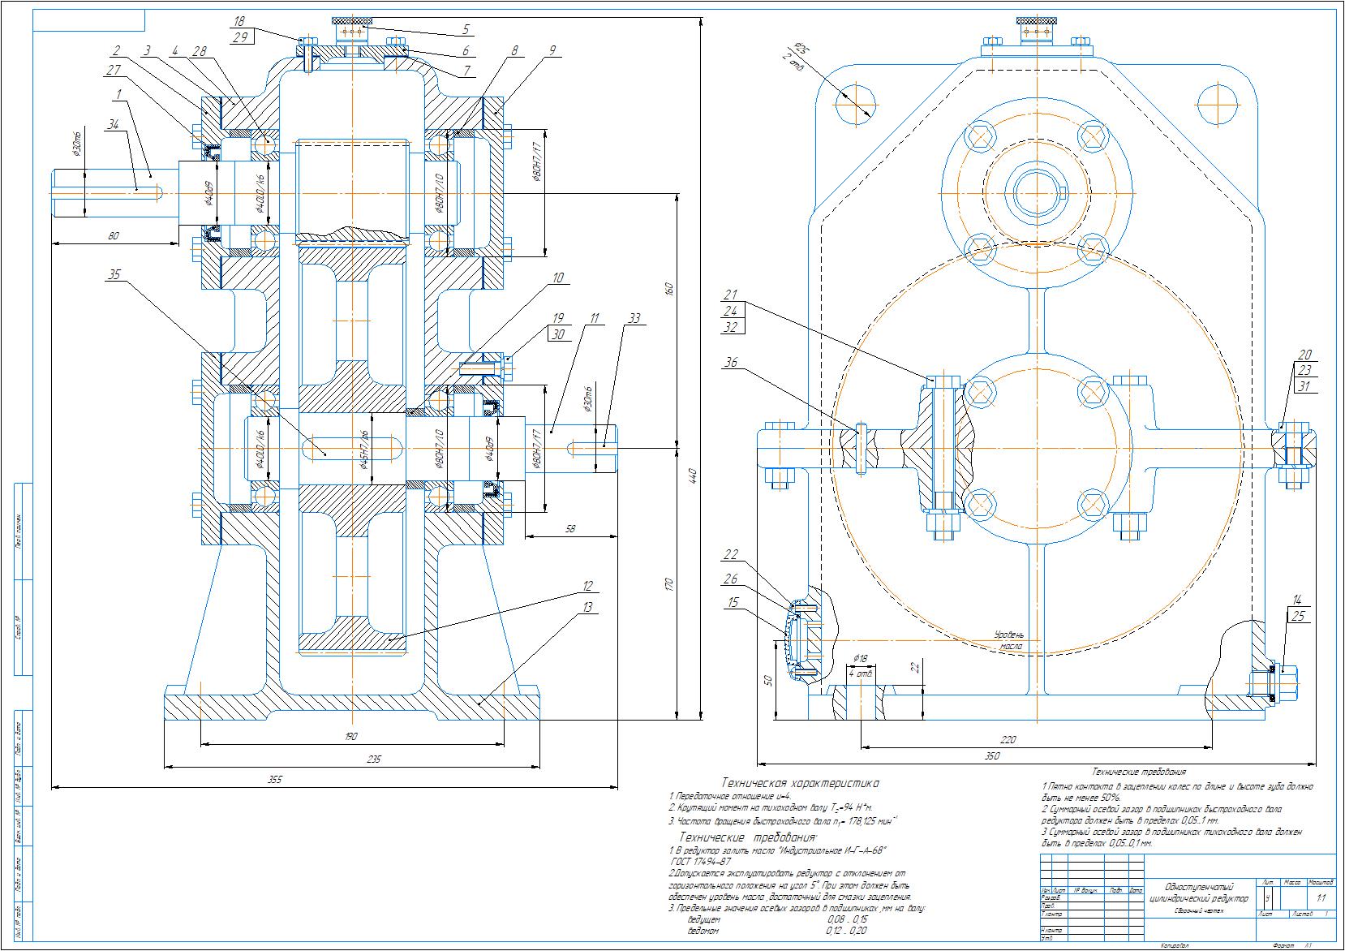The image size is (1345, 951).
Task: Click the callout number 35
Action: click(114, 275)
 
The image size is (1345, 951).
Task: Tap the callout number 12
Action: click(587, 586)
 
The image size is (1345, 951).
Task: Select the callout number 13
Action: click(587, 606)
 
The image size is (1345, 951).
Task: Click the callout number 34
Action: click(112, 123)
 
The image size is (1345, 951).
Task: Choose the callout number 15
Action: click(733, 602)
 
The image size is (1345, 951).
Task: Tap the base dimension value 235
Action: click(373, 760)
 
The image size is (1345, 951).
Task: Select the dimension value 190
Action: click(350, 737)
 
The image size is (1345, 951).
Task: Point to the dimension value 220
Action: click(1008, 739)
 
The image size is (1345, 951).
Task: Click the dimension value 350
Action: click(992, 756)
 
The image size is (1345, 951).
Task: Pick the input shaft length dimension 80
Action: click(113, 236)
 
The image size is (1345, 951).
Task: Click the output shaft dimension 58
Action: click(569, 529)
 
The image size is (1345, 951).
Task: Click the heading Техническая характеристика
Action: click(799, 784)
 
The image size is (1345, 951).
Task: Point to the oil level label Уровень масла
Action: click(1009, 640)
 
